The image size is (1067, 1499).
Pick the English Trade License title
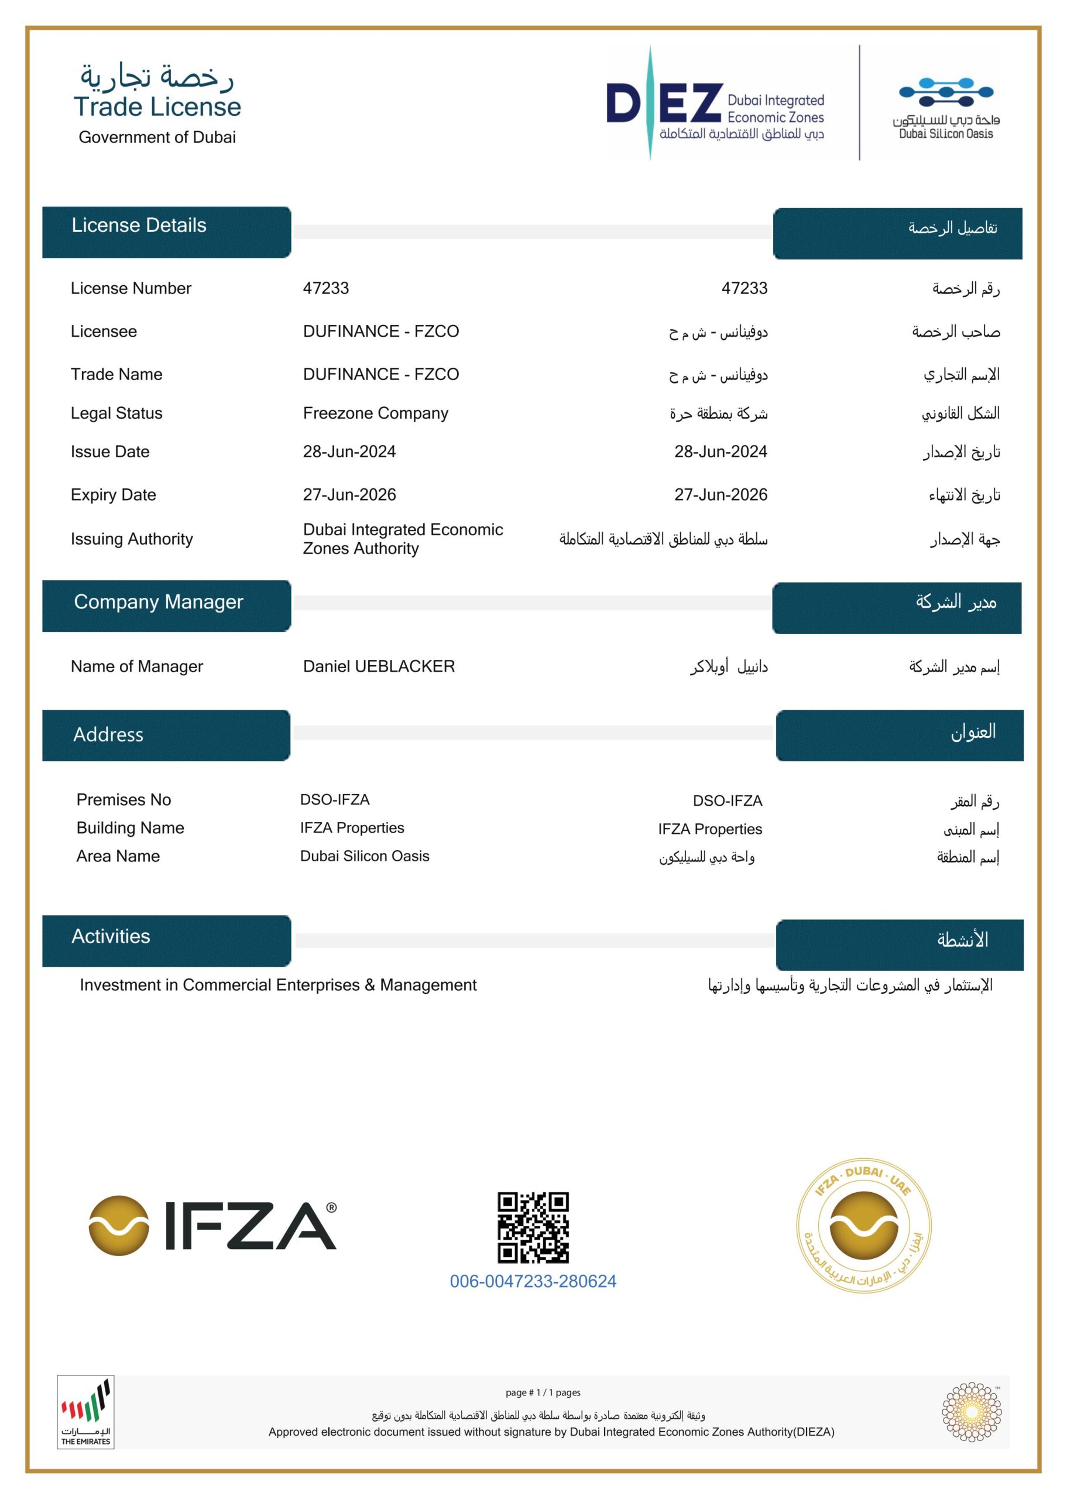click(157, 107)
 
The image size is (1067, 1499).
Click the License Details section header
click(139, 225)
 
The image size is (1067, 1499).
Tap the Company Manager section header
click(159, 602)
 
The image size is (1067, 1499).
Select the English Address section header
click(108, 735)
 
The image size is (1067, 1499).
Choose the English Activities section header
click(111, 936)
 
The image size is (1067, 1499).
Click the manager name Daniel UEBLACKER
click(379, 666)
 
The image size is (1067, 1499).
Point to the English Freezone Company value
click(375, 413)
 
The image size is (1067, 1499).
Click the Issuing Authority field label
click(132, 539)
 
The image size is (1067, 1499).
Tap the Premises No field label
click(123, 800)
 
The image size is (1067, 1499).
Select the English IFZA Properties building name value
click(352, 828)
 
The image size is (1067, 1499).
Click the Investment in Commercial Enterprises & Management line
click(278, 985)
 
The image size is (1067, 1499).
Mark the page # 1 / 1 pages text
click(543, 1392)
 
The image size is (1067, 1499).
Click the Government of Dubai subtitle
click(157, 138)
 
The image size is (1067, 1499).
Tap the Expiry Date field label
click(113, 495)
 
